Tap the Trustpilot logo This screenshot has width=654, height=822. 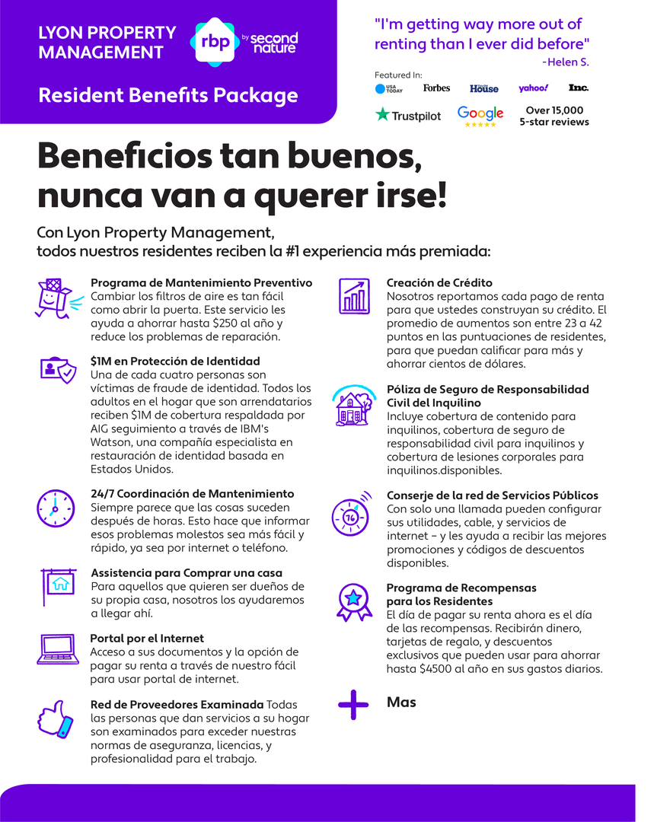click(408, 116)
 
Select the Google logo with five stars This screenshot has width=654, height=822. click(480, 116)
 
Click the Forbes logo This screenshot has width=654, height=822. click(436, 88)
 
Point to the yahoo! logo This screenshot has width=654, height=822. click(534, 88)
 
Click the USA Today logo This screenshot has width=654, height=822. click(389, 89)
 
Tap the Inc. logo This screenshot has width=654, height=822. click(579, 88)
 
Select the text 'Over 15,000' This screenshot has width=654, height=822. click(554, 110)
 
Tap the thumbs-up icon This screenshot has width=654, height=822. click(56, 718)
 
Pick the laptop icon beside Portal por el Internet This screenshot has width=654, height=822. click(58, 648)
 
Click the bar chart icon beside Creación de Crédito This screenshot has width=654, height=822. click(353, 297)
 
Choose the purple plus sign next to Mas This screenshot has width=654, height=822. click(353, 705)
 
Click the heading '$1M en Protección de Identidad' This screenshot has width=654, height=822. click(175, 361)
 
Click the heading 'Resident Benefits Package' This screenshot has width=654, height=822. click(167, 96)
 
